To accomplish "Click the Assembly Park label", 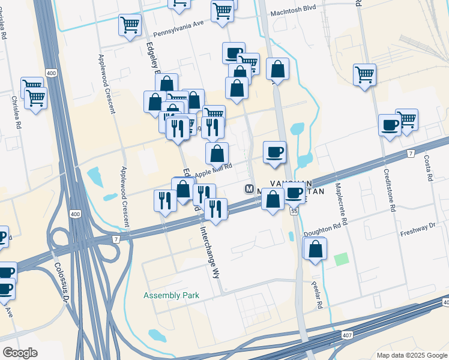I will [171, 296].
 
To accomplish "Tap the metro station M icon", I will [250, 188].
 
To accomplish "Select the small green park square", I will [342, 260].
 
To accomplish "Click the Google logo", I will [19, 353].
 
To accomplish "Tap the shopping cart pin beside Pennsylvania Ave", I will [130, 25].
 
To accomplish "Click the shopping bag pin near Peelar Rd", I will [315, 248].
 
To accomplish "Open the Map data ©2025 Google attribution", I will [411, 355].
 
